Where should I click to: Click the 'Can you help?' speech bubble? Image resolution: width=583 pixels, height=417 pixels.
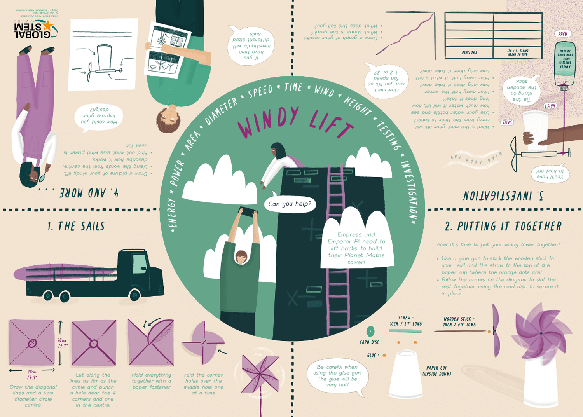pos(290,204)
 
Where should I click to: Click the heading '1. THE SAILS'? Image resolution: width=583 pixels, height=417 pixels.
pos(76,226)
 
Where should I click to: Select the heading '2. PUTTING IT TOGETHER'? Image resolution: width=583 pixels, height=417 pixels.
pos(503,226)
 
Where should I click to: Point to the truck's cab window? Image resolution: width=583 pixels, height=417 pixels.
pos(139,264)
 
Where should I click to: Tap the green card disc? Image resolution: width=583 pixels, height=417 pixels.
pos(370,332)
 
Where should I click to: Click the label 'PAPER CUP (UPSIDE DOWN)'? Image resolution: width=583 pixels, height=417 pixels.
pos(437,371)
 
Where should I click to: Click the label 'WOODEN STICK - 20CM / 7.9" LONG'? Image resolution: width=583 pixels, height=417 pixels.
pos(459,321)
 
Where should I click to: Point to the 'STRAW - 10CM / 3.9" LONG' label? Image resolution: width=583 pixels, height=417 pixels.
pos(405,321)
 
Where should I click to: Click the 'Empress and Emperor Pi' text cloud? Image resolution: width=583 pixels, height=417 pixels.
pos(356,248)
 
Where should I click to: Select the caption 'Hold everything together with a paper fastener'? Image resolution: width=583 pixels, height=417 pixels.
pos(151,381)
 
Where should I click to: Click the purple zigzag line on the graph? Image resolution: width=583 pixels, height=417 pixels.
pos(404,33)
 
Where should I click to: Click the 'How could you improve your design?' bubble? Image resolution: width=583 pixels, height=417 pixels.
pos(99,116)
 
